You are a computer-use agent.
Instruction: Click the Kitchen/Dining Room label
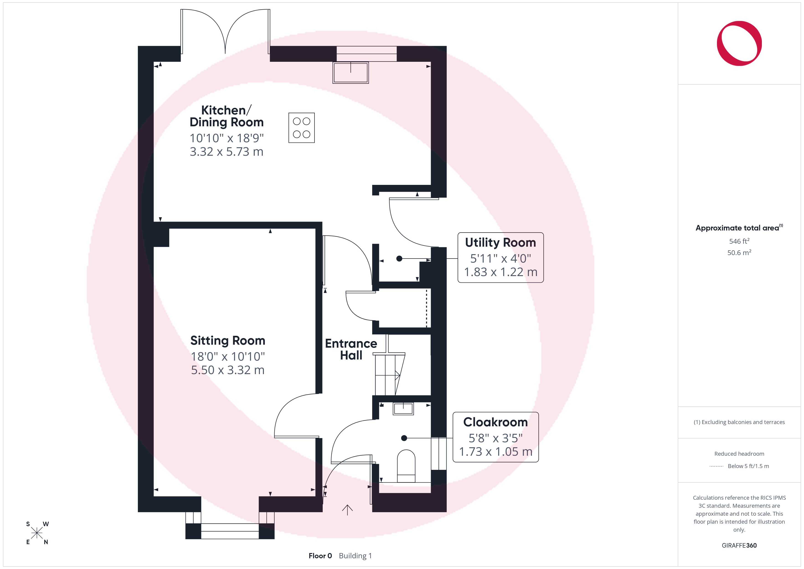click(227, 116)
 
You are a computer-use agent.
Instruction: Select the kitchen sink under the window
click(350, 72)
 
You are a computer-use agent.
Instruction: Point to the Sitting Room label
click(228, 341)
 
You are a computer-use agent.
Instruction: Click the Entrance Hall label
click(351, 349)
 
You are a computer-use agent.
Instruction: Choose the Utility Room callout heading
click(500, 243)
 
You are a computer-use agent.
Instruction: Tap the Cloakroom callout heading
click(495, 422)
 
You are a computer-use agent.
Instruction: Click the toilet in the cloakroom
click(406, 466)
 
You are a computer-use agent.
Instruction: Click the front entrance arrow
click(347, 510)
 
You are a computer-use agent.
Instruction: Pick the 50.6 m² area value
click(739, 253)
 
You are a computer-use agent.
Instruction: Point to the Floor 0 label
click(320, 556)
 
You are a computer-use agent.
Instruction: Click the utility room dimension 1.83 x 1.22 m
click(501, 272)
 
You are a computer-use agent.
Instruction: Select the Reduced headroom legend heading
click(739, 454)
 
